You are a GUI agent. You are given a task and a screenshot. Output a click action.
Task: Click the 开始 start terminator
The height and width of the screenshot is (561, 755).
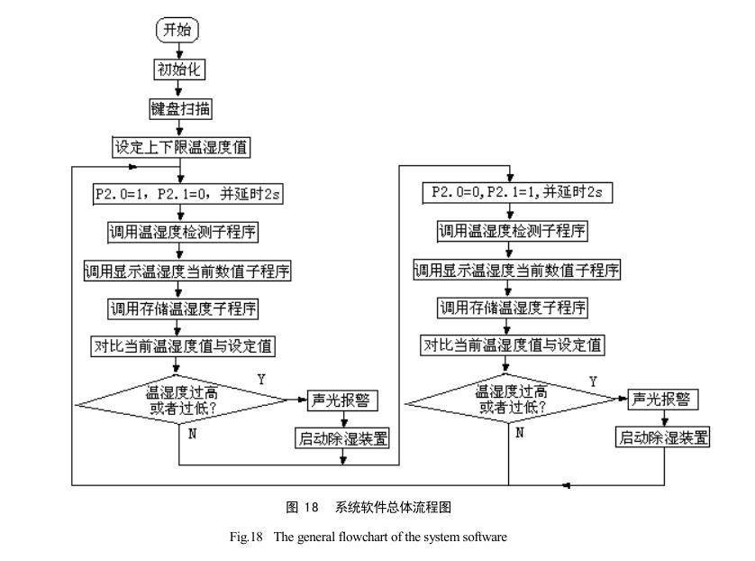tap(178, 29)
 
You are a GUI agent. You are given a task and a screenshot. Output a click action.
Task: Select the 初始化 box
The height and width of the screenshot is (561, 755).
tap(178, 69)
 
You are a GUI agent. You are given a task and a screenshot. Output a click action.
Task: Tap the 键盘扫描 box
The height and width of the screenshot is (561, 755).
tap(181, 108)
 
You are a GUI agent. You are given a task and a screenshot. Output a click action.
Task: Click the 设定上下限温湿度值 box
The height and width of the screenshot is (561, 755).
tap(181, 147)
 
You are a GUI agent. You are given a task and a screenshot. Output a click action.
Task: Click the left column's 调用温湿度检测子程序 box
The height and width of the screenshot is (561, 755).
tap(183, 232)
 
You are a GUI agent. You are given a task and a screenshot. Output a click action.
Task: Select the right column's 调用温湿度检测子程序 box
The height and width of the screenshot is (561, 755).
tap(513, 232)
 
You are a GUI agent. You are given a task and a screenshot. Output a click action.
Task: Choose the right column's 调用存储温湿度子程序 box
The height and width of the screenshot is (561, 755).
tap(513, 308)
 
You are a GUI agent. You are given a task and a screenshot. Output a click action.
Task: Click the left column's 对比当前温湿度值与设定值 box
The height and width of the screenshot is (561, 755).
tap(185, 346)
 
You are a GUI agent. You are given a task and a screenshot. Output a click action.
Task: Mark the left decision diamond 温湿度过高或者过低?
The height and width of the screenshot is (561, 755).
tap(180, 399)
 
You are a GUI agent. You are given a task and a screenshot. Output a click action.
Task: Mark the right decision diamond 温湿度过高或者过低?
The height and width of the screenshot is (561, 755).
tap(510, 399)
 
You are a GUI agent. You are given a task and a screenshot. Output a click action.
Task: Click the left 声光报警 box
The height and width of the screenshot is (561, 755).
tap(343, 400)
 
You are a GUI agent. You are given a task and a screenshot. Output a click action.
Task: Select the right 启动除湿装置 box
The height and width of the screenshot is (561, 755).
tap(663, 438)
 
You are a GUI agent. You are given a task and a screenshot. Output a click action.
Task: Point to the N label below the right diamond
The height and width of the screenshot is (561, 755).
tap(520, 432)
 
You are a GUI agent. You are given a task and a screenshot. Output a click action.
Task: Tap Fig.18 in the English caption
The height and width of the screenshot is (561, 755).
tap(246, 538)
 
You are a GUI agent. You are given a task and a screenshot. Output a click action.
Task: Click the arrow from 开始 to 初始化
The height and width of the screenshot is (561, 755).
tap(178, 50)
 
